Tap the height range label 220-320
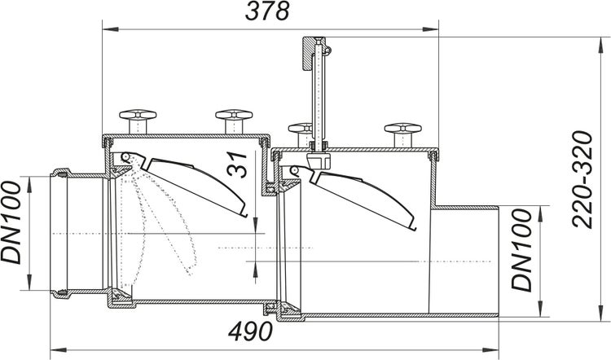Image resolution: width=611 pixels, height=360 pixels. tap(581, 179)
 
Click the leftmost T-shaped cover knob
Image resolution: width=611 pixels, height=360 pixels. tap(133, 119)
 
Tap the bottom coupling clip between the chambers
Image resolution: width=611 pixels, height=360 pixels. tap(271, 309)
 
